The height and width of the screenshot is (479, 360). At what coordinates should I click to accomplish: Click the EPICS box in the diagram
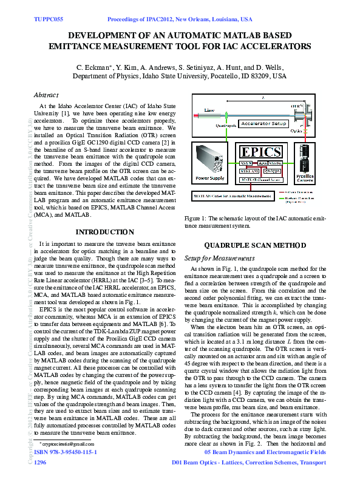click(261, 151)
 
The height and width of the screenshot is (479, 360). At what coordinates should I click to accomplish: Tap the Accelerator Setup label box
click(262, 123)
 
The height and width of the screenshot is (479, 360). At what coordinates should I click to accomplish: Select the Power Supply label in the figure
click(209, 179)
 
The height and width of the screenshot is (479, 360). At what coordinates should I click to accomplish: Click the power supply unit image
click(209, 159)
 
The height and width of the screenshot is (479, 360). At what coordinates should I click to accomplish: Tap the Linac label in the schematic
click(209, 110)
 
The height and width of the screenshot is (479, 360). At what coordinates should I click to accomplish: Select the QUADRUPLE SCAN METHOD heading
click(254, 245)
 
